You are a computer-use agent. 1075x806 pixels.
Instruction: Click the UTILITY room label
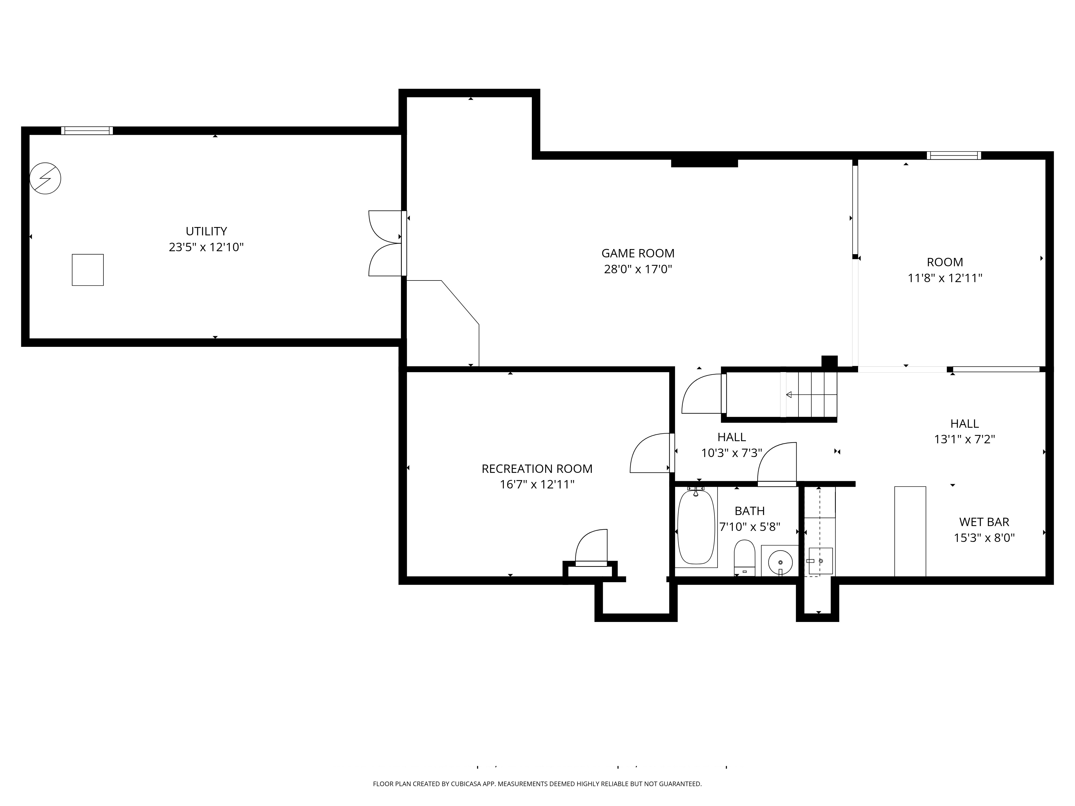pyautogui.click(x=206, y=231)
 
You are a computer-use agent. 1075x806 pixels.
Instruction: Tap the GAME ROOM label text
pyautogui.click(x=638, y=253)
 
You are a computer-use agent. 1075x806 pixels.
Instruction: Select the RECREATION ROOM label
pyautogui.click(x=537, y=469)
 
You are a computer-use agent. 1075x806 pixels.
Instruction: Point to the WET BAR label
pyautogui.click(x=984, y=522)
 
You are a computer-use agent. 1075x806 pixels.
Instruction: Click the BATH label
pyautogui.click(x=749, y=511)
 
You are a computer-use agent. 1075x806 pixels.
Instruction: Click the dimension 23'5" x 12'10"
pyautogui.click(x=206, y=247)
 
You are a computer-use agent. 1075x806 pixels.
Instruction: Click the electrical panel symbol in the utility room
pyautogui.click(x=45, y=178)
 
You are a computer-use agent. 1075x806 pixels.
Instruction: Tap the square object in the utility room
pyautogui.click(x=87, y=270)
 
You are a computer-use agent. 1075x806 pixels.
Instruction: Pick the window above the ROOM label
pyautogui.click(x=954, y=156)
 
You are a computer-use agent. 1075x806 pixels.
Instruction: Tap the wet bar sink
pyautogui.click(x=820, y=561)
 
